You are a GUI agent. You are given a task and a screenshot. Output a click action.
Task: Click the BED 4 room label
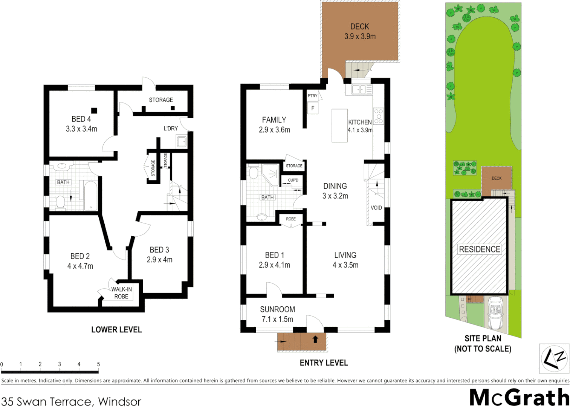(81, 119)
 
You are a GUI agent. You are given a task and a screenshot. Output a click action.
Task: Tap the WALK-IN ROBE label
(121, 293)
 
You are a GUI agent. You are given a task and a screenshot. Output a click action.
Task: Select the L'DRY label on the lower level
(171, 129)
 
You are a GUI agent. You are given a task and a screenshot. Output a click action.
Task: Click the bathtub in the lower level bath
(91, 196)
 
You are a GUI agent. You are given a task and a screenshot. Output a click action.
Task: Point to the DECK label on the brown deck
(359, 27)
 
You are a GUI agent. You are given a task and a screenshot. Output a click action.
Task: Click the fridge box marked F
(313, 108)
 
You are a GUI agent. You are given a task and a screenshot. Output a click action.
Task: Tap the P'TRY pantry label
(312, 96)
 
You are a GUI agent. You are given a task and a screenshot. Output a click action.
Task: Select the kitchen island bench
(339, 125)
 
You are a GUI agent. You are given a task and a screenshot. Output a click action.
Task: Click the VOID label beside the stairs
(376, 208)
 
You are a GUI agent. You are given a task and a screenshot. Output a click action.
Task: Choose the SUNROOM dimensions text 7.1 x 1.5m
(277, 319)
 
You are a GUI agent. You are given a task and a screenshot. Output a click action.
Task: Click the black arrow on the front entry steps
(315, 339)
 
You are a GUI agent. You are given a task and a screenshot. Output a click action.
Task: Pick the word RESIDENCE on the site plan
(480, 249)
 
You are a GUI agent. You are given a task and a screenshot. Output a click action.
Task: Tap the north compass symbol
(554, 358)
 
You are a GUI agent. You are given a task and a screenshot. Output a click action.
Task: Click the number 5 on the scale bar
(98, 364)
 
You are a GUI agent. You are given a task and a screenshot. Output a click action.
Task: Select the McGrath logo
(519, 397)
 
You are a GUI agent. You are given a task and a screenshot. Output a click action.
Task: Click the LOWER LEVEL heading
(116, 330)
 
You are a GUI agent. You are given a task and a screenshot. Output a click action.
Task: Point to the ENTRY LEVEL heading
(324, 363)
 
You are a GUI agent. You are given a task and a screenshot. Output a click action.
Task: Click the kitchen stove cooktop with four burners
(378, 116)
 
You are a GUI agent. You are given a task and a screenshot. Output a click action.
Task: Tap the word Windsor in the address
(119, 401)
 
